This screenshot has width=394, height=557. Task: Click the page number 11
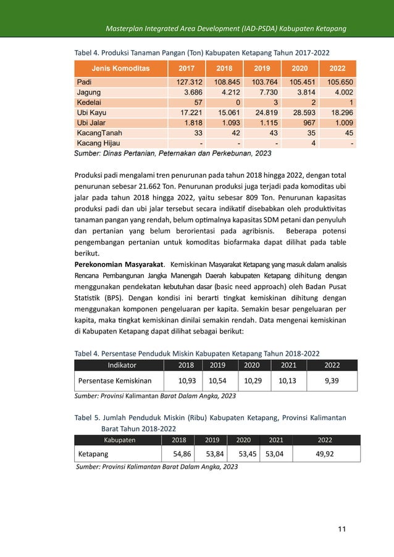(342, 530)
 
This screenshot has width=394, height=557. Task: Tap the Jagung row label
(90, 93)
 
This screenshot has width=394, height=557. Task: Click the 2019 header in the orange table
(262, 68)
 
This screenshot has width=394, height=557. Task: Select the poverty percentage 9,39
(332, 381)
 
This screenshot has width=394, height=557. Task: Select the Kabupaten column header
(115, 440)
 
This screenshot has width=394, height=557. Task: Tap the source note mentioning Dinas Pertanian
(172, 153)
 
